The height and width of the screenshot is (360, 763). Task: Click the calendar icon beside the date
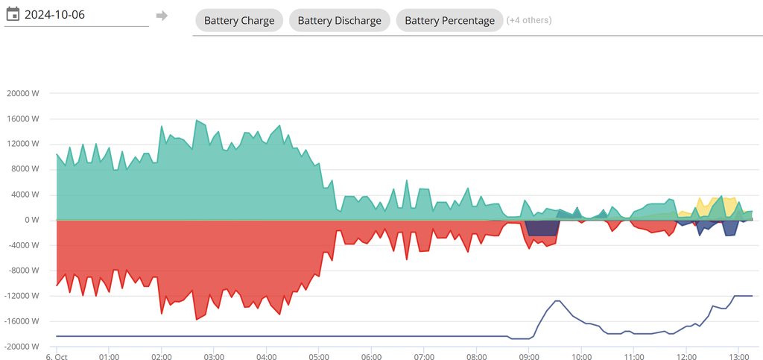coord(12,14)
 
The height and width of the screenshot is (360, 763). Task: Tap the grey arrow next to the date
coord(162,16)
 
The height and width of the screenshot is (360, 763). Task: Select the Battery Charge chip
coord(238,21)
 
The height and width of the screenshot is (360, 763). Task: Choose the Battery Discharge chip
coord(339,21)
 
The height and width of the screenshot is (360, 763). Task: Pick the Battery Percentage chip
coord(449,21)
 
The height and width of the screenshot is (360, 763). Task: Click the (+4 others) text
coord(529,20)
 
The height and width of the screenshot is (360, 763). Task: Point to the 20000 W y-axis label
coord(22,94)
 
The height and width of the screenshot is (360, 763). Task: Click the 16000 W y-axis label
coord(22,119)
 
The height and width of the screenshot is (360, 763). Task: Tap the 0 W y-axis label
coord(31,220)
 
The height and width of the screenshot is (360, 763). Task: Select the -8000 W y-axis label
coord(22,271)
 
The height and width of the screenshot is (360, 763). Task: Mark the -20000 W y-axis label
coord(21,347)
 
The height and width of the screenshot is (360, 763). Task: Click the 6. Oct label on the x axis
coord(57,356)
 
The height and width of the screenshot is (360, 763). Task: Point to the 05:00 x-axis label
coord(319,356)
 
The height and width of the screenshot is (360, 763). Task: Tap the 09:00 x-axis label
coord(529,356)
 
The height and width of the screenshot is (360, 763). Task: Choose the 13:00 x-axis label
coord(738,356)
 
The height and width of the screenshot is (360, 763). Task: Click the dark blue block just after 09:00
coord(542,228)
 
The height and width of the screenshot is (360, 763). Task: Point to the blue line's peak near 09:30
coord(557,300)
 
